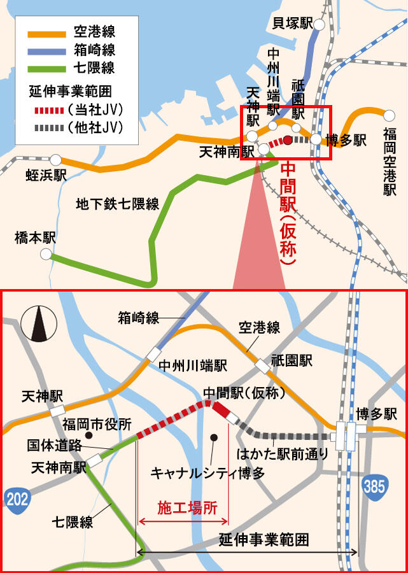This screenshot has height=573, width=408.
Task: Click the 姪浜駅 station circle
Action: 56,160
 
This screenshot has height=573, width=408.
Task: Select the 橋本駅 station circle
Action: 45,254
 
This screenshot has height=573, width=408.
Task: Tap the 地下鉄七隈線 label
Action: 117,204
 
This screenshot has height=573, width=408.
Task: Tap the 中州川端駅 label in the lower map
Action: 192,365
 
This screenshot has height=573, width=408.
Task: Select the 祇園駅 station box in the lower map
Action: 262,366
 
